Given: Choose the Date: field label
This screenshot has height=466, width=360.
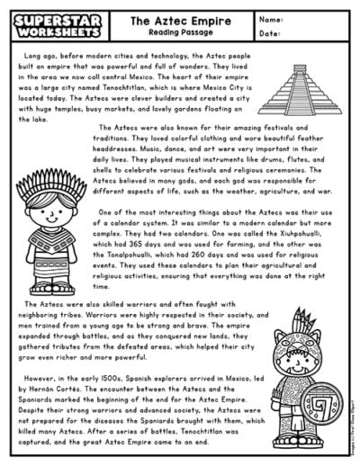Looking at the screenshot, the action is coord(269,33).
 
